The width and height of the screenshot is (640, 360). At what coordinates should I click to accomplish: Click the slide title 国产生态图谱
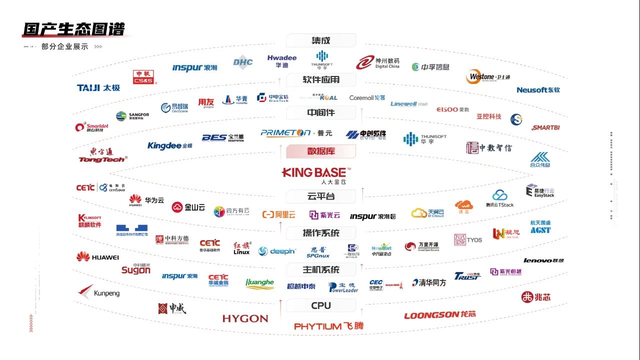coord(73,29)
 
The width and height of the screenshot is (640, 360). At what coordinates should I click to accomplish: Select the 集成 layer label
coord(320,40)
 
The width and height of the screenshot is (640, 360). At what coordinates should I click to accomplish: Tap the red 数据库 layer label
coord(320,151)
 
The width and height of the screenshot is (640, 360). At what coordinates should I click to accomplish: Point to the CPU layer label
coord(320,305)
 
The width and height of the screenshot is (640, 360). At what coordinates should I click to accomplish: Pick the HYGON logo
coord(245,318)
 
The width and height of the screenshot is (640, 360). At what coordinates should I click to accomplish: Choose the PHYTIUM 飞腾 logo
coord(328,326)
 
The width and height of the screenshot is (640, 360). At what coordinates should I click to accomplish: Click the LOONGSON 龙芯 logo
coord(440,315)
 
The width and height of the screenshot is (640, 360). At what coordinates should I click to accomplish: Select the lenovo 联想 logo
coord(544,260)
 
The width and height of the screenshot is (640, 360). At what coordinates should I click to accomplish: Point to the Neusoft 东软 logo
coord(538,90)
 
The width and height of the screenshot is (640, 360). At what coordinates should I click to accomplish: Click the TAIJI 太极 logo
coord(98,88)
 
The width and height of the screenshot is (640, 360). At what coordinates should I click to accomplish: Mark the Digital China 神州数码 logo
coord(378,62)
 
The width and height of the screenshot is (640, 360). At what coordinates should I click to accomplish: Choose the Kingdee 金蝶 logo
coord(169,145)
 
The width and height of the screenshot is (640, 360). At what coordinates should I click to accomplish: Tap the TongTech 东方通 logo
coord(102,155)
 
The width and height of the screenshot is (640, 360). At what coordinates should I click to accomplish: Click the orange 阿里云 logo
coord(278,214)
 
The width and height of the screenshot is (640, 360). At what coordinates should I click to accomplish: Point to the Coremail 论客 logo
coord(367,98)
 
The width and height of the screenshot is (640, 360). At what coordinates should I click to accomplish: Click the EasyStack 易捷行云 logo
coord(540,191)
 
